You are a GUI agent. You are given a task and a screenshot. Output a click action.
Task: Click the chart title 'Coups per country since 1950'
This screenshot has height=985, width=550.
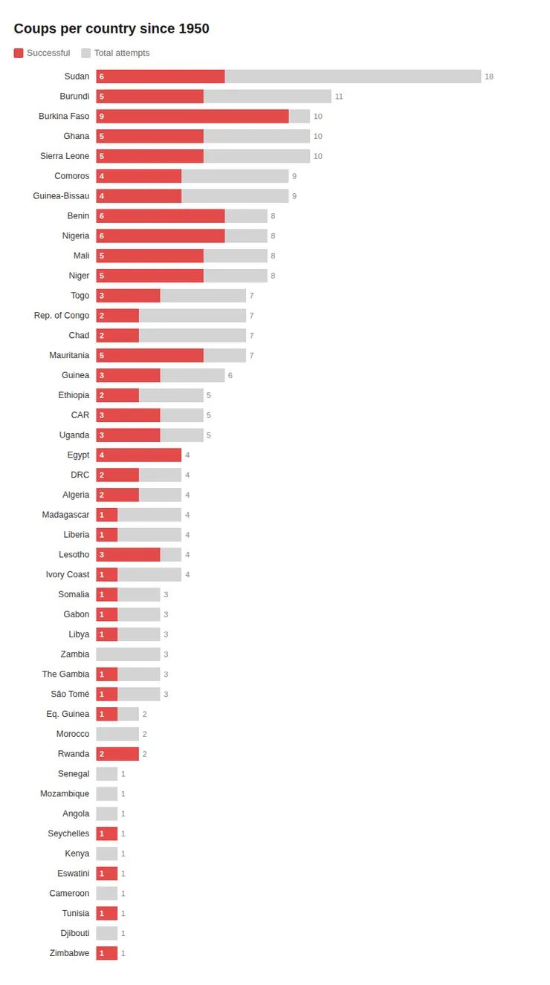coord(111,29)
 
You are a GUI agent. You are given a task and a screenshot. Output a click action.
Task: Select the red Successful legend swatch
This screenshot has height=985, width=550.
coord(19,53)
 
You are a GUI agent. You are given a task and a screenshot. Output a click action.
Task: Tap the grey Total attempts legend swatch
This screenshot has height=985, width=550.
coord(86,53)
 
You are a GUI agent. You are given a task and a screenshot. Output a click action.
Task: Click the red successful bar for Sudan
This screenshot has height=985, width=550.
coord(161,77)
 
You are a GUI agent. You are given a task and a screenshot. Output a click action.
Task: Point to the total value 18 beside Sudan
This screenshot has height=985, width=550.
coord(489,77)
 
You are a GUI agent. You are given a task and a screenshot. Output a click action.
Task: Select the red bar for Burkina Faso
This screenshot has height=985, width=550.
coord(192,117)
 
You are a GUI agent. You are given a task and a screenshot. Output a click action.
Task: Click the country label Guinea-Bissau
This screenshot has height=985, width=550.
coord(61,196)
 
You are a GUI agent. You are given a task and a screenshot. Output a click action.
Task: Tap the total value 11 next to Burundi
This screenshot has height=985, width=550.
coord(339,97)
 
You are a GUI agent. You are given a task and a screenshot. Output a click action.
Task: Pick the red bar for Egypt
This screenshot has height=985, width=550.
coord(139,455)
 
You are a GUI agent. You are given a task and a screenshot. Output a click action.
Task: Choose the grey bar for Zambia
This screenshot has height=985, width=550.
coord(128,654)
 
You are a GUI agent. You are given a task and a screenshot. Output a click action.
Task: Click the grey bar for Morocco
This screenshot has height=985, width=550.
coord(117,734)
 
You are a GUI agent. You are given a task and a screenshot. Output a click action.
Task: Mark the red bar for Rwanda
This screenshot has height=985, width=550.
coord(117,754)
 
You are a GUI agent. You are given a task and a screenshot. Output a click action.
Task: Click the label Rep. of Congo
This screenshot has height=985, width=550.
coord(62,316)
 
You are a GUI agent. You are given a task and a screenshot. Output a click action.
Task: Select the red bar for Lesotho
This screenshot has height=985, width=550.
coord(128,555)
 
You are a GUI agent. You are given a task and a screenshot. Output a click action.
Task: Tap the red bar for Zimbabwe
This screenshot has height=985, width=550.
coord(107,953)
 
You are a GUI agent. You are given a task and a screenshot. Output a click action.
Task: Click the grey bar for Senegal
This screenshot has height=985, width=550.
coord(107,774)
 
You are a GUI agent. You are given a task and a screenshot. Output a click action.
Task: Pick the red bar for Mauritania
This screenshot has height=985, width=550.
coord(149,356)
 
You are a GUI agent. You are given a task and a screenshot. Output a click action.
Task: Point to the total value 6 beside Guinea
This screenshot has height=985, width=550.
coord(230,376)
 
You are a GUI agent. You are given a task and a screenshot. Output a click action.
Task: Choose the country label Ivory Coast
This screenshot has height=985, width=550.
coord(68,575)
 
